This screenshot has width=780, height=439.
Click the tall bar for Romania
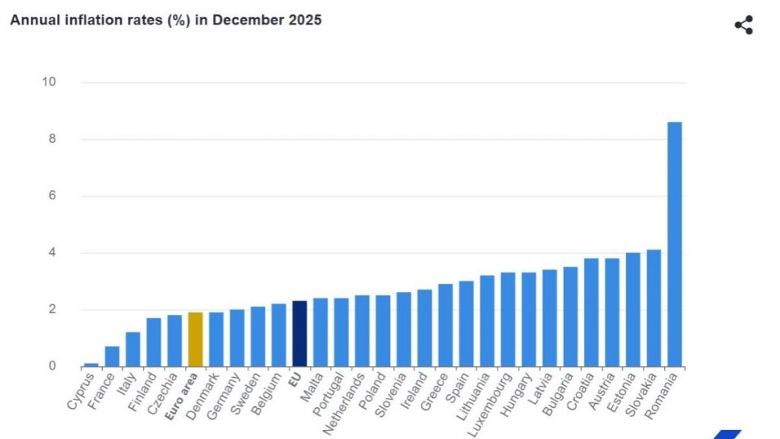click(x=674, y=243)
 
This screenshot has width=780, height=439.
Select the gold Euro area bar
click(x=195, y=339)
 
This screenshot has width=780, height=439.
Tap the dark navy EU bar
click(x=299, y=334)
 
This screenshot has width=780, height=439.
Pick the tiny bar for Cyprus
click(x=91, y=364)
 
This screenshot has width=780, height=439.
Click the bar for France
click(x=112, y=356)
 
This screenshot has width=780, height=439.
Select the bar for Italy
click(x=133, y=349)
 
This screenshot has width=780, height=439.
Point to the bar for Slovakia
click(x=654, y=308)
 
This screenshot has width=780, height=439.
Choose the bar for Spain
click(x=466, y=324)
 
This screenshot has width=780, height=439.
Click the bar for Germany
click(x=237, y=338)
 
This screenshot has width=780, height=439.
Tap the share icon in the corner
click(x=743, y=25)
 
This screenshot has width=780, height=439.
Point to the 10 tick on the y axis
click(x=49, y=82)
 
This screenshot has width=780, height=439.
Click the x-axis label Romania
click(x=666, y=392)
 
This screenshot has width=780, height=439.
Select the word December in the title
click(x=241, y=21)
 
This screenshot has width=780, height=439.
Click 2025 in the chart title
click(x=305, y=21)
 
